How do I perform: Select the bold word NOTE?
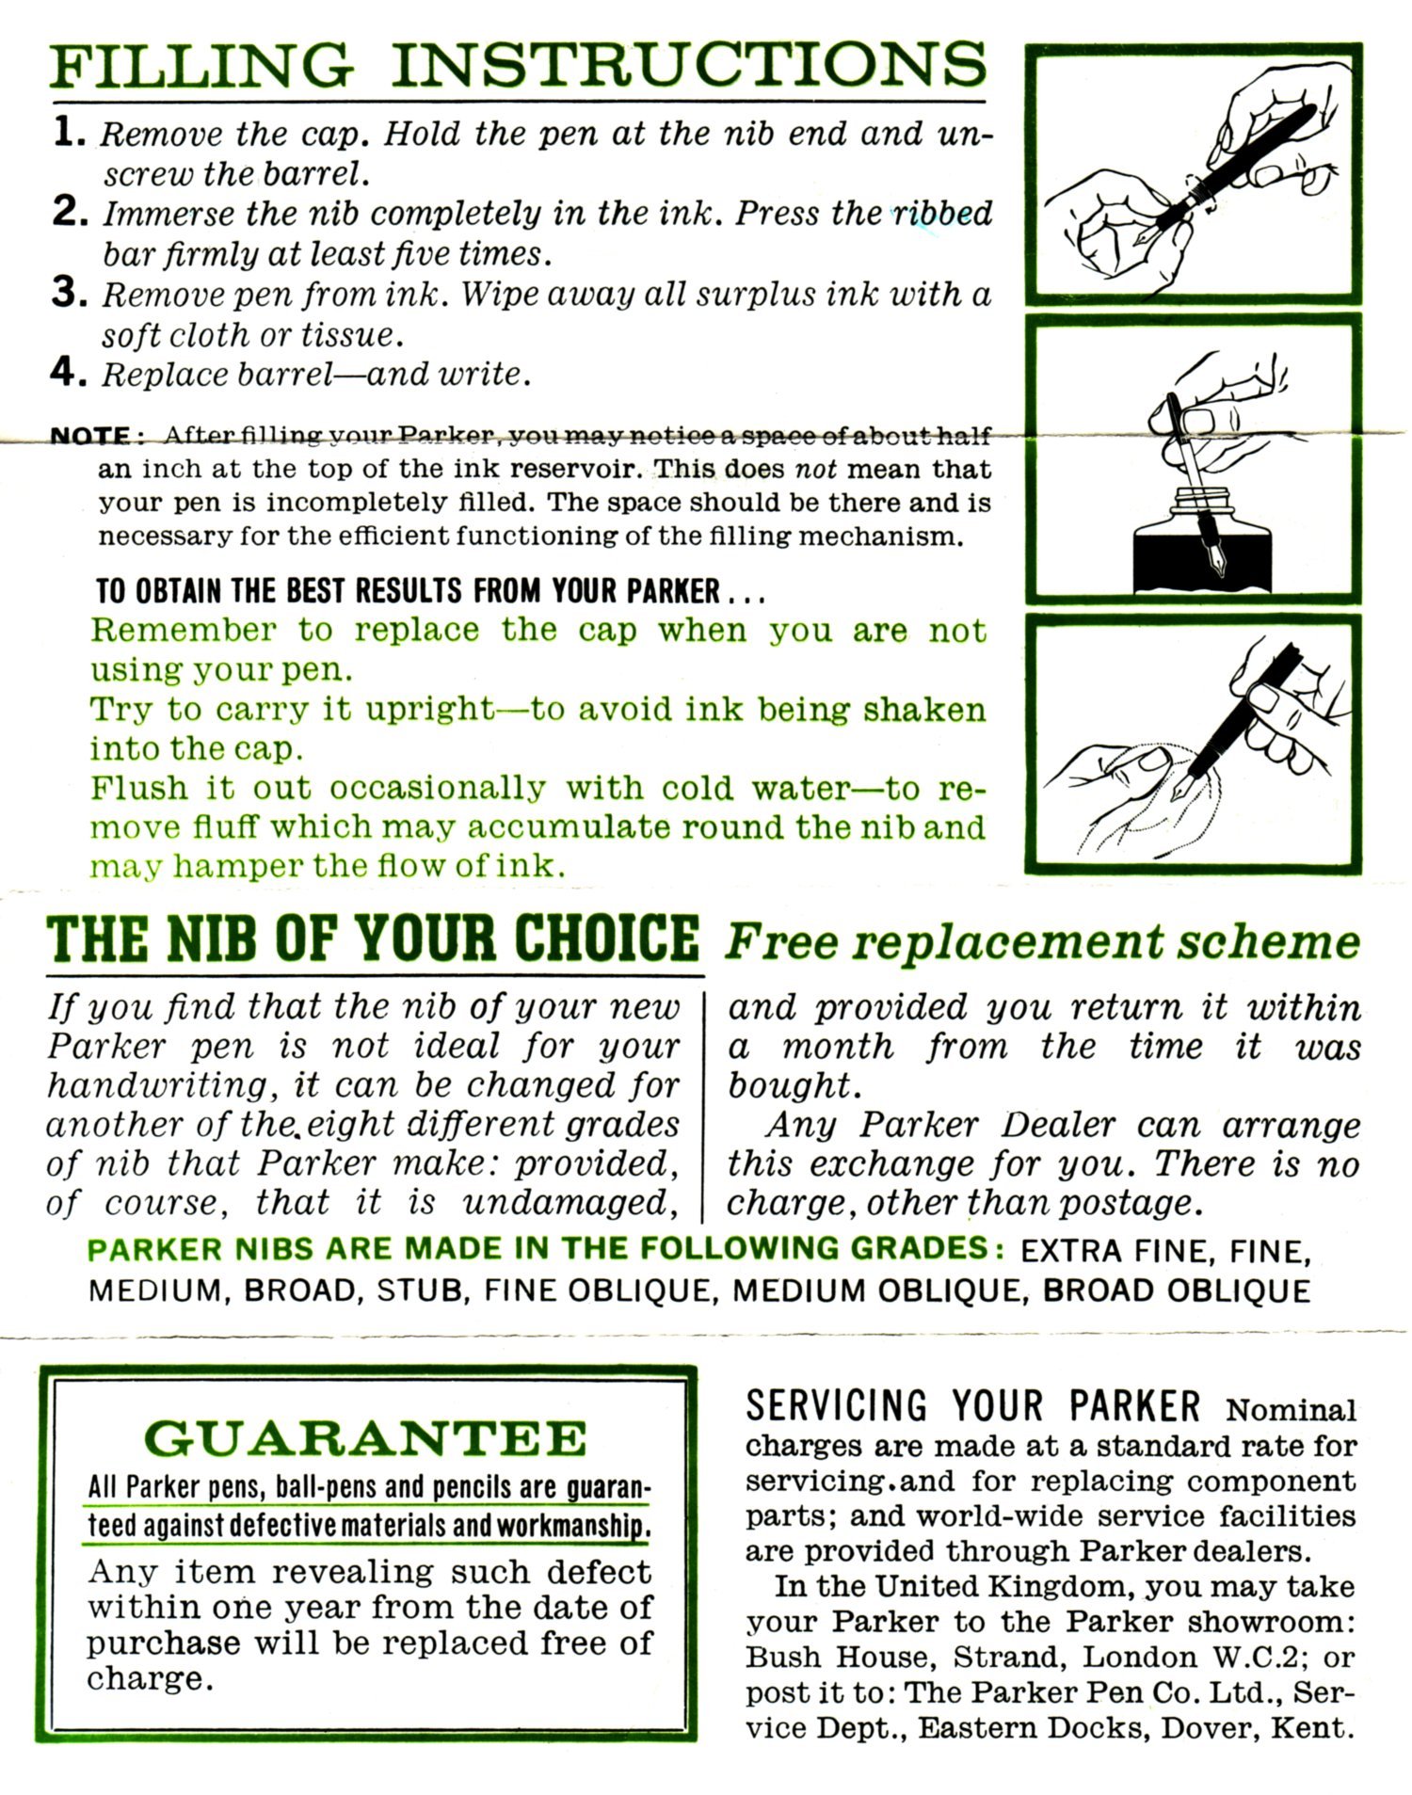tap(89, 437)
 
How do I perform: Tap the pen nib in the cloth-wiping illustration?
tap(1184, 788)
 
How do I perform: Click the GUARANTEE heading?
tap(366, 1438)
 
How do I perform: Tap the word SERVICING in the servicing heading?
tap(835, 1406)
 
